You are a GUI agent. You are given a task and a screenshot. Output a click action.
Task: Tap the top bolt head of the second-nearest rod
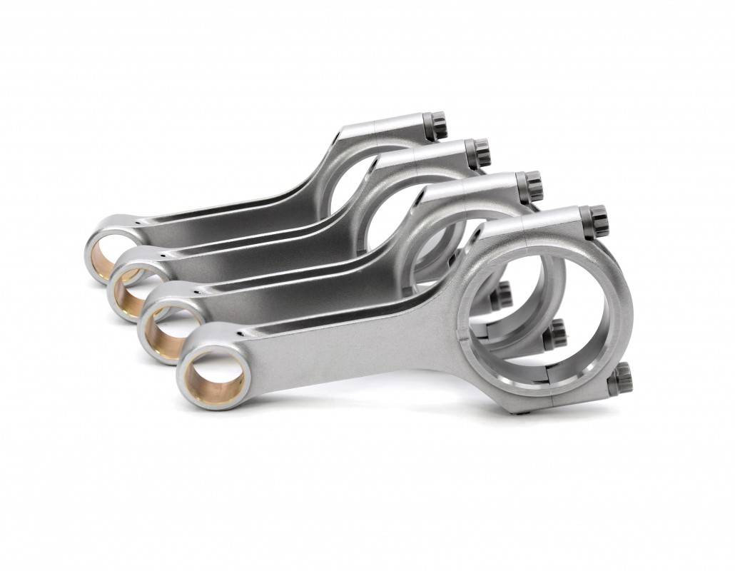pos(530,187)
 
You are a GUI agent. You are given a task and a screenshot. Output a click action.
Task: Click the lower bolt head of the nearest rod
pos(620,378)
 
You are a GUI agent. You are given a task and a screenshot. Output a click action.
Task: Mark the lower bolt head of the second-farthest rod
pos(502,295)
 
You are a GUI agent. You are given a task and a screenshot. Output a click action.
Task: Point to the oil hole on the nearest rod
pos(243,332)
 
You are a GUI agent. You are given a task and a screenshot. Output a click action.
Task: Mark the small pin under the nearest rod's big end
pos(526,412)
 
